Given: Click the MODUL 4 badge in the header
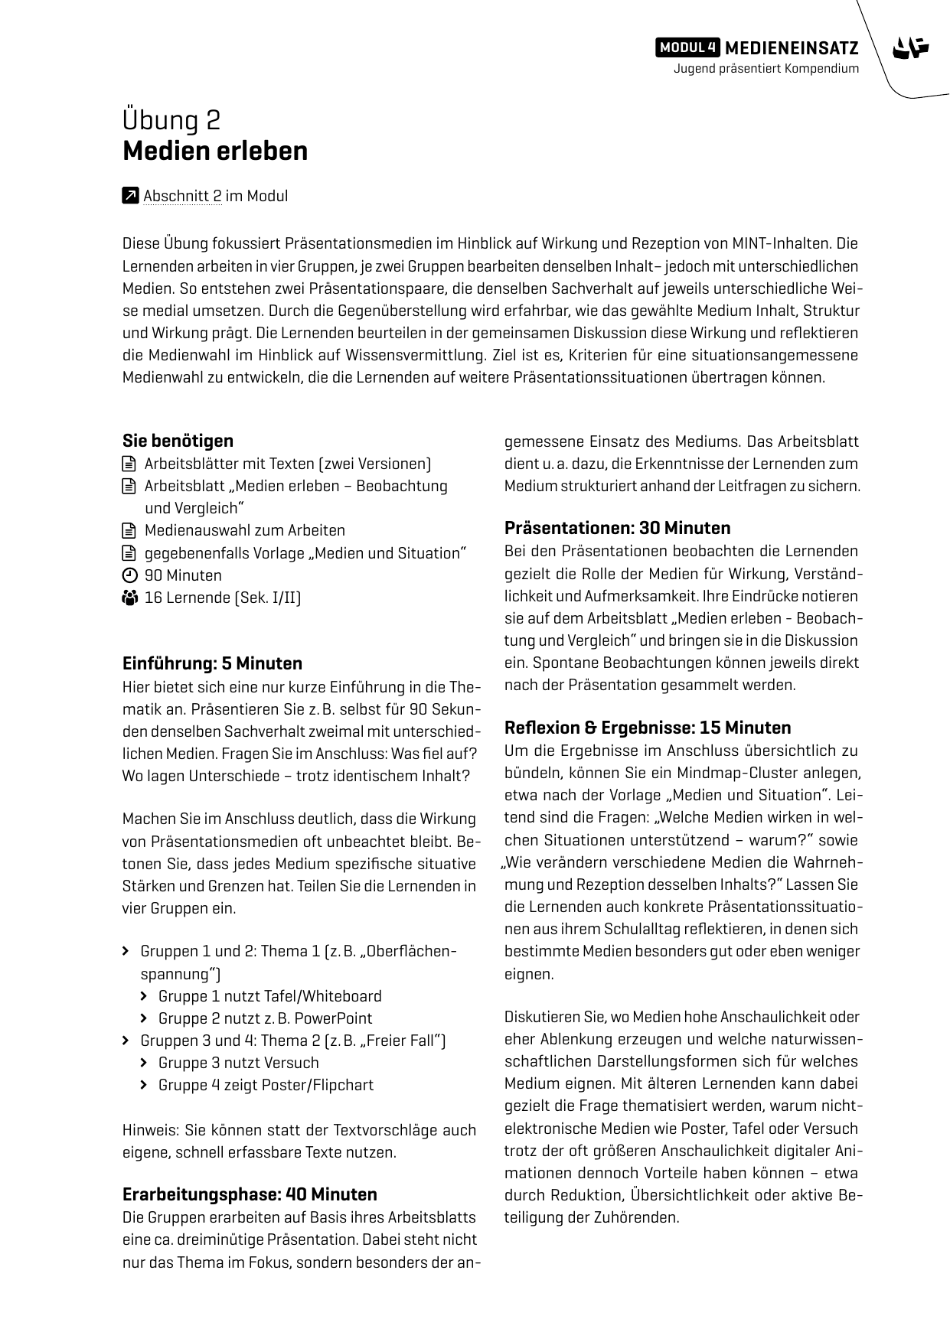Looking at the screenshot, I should tap(687, 47).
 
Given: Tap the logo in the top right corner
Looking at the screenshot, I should tap(910, 48).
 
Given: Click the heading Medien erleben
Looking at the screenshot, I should tap(215, 151).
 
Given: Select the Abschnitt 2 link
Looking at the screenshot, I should tap(182, 196).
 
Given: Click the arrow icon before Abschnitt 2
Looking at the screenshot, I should tap(130, 196).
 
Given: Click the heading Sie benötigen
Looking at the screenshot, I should tap(178, 441).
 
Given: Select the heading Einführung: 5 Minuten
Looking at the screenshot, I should tap(212, 663).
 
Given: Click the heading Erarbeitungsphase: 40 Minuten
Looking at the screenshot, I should tap(250, 1194).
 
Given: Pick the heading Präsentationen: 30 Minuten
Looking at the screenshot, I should tap(617, 528).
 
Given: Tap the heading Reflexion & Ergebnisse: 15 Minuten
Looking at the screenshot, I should tap(648, 728).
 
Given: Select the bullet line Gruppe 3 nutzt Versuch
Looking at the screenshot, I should tap(238, 1063).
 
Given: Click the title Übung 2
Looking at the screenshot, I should tap(171, 120).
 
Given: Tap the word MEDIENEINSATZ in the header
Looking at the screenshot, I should tap(792, 47).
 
